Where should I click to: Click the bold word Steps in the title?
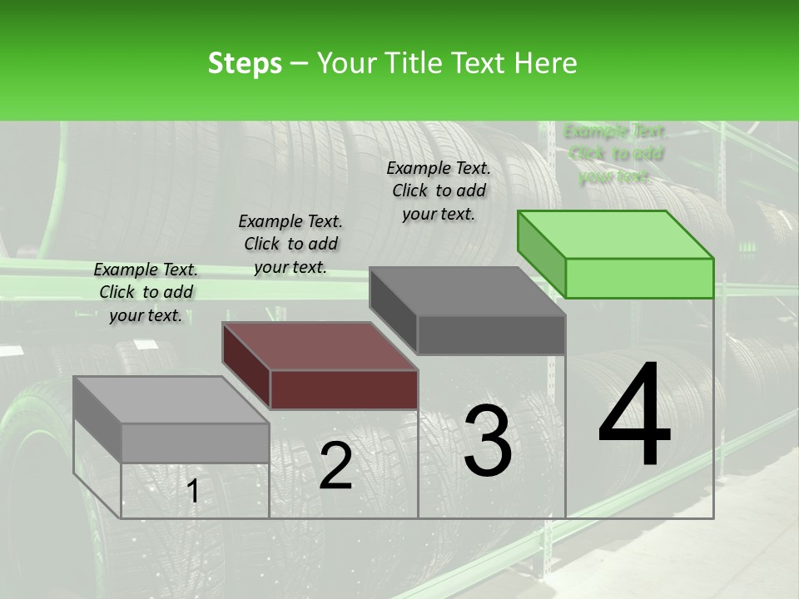click(245, 63)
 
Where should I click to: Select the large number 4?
click(634, 416)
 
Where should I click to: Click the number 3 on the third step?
click(487, 441)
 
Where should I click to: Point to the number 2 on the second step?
click(335, 466)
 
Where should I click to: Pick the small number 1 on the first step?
click(193, 491)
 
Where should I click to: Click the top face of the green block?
click(616, 235)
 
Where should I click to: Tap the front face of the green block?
click(639, 278)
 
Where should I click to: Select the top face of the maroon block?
click(320, 345)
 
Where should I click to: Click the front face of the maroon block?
click(344, 389)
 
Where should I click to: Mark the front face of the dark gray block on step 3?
click(491, 334)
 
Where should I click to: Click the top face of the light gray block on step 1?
click(171, 400)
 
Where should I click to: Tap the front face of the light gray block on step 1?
click(195, 442)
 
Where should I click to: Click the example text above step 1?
click(146, 292)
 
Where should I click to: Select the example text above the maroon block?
click(290, 244)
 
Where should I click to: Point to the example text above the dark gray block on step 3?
click(439, 191)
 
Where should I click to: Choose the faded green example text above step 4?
click(615, 154)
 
